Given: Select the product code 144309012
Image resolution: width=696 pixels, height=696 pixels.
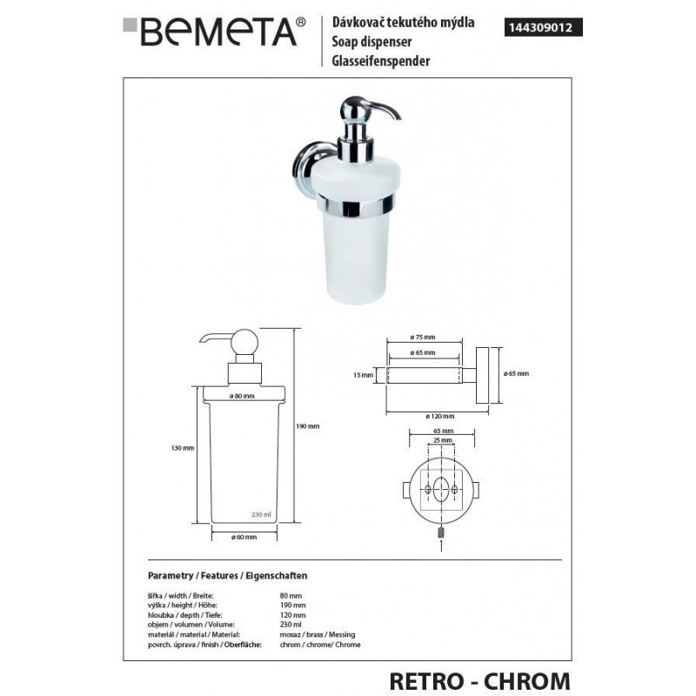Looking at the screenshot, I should pyautogui.click(x=544, y=26).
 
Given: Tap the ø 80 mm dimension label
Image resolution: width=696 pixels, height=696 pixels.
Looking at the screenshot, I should pyautogui.click(x=243, y=396).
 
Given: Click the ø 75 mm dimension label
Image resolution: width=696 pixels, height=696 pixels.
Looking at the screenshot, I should pyautogui.click(x=422, y=338).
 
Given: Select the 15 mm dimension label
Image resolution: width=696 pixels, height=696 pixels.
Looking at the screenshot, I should pyautogui.click(x=365, y=375).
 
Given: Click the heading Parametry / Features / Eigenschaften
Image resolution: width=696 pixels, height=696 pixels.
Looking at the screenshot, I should pyautogui.click(x=228, y=576).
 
